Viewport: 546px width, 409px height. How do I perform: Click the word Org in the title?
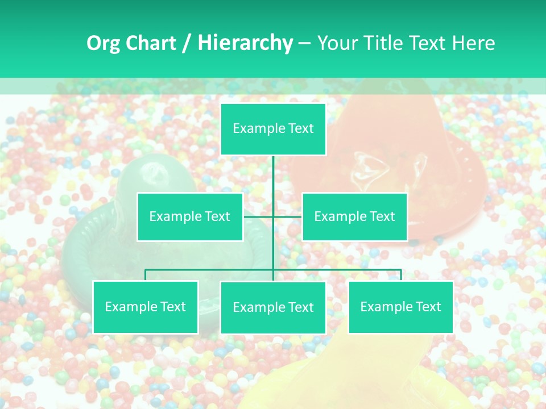click(x=102, y=43)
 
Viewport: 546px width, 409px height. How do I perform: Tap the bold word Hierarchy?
click(x=245, y=43)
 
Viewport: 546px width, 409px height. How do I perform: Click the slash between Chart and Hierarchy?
click(x=187, y=44)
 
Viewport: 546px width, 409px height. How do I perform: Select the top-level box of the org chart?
click(x=273, y=129)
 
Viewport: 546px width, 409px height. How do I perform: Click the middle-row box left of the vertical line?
click(x=190, y=216)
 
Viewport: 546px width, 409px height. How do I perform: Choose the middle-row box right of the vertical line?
click(x=354, y=216)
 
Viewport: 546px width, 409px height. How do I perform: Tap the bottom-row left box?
click(x=146, y=307)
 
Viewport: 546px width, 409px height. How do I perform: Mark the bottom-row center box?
click(x=273, y=307)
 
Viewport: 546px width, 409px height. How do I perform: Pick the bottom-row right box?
click(x=400, y=307)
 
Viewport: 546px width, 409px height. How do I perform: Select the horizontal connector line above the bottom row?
click(x=210, y=270)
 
